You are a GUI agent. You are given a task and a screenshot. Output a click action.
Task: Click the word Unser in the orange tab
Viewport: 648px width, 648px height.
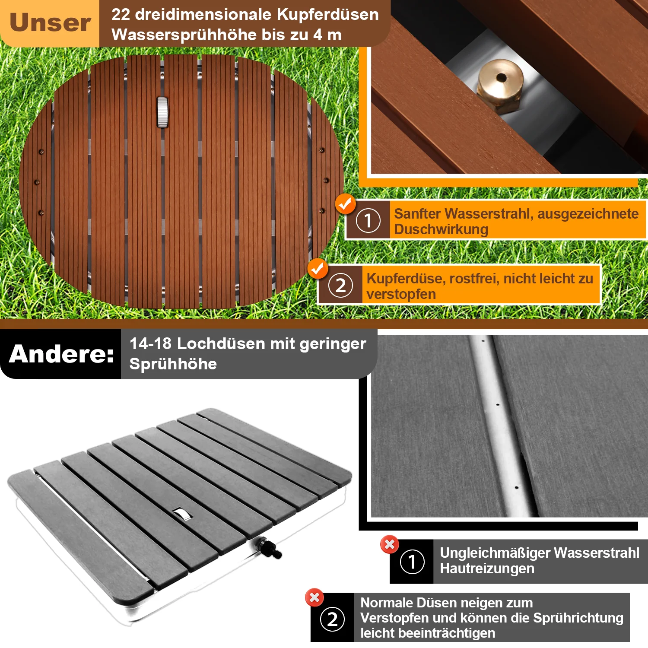(50, 23)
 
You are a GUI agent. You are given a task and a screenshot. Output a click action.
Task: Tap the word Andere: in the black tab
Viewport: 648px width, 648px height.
(61, 354)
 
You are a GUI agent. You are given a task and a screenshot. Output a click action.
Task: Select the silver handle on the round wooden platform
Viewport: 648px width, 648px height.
(162, 112)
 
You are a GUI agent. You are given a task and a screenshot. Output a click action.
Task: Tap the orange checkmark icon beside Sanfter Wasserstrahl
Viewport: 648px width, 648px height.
(345, 204)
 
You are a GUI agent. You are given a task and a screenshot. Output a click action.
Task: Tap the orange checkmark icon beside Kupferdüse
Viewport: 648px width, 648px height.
(318, 269)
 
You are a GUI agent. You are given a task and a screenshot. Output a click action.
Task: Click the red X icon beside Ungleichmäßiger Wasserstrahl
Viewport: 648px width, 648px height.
(389, 544)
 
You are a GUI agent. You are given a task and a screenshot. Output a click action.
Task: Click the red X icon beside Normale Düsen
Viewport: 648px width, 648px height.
(314, 597)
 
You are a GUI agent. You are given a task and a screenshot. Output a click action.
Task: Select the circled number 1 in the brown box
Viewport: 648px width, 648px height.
(368, 220)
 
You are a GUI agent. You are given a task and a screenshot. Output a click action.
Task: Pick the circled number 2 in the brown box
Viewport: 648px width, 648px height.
(340, 286)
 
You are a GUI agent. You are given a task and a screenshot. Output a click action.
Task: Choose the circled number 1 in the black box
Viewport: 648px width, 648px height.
(412, 562)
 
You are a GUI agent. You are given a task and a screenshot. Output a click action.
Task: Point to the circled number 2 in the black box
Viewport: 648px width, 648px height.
(332, 619)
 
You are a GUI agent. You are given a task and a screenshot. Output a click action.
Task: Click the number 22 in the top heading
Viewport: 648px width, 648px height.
(121, 14)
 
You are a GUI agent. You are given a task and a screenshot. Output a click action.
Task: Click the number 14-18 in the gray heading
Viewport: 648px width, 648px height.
(150, 343)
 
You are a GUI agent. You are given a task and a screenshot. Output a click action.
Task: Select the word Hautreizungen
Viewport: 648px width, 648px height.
(487, 569)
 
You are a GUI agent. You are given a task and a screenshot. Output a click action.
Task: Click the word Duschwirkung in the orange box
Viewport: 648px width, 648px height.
(441, 229)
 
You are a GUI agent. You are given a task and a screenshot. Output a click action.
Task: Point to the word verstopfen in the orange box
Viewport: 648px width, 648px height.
(401, 294)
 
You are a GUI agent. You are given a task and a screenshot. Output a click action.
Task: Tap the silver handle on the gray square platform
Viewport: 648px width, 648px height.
(181, 514)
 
